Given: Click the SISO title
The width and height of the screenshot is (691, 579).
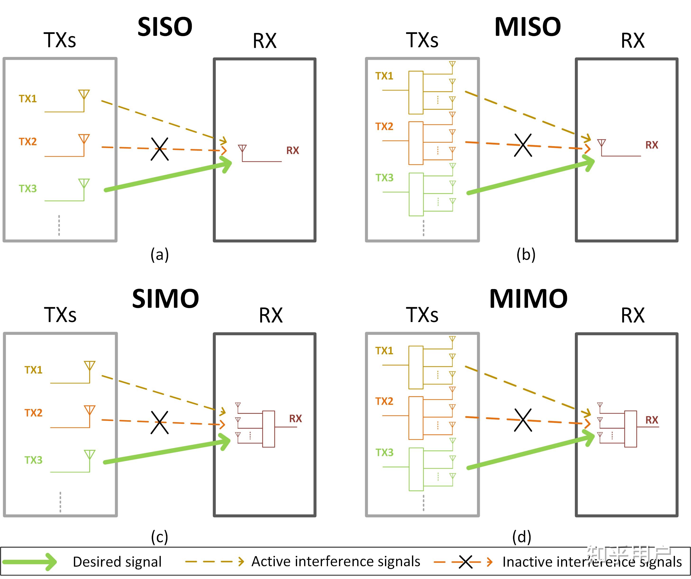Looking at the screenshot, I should (165, 27).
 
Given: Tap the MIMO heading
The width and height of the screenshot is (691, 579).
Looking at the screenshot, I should (528, 299).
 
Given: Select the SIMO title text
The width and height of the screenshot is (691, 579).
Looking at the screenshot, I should (165, 299).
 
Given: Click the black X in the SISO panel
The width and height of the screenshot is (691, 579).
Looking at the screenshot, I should (160, 149).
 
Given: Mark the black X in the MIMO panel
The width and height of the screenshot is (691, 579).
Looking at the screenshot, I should (523, 420).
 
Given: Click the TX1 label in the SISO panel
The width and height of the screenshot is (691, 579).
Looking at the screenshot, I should (28, 99).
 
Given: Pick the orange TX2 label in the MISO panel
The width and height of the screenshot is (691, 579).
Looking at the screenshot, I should (384, 126).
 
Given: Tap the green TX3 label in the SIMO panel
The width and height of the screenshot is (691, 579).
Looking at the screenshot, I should (33, 460).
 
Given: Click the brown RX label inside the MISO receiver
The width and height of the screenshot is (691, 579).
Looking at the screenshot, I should (651, 145).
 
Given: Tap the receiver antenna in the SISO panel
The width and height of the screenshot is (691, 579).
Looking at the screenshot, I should (243, 150).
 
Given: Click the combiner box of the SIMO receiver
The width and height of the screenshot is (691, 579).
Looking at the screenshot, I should (269, 429).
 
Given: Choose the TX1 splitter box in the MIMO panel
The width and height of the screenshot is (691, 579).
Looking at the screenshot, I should (416, 367).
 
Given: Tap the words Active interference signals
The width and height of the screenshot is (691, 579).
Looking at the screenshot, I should (336, 561).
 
